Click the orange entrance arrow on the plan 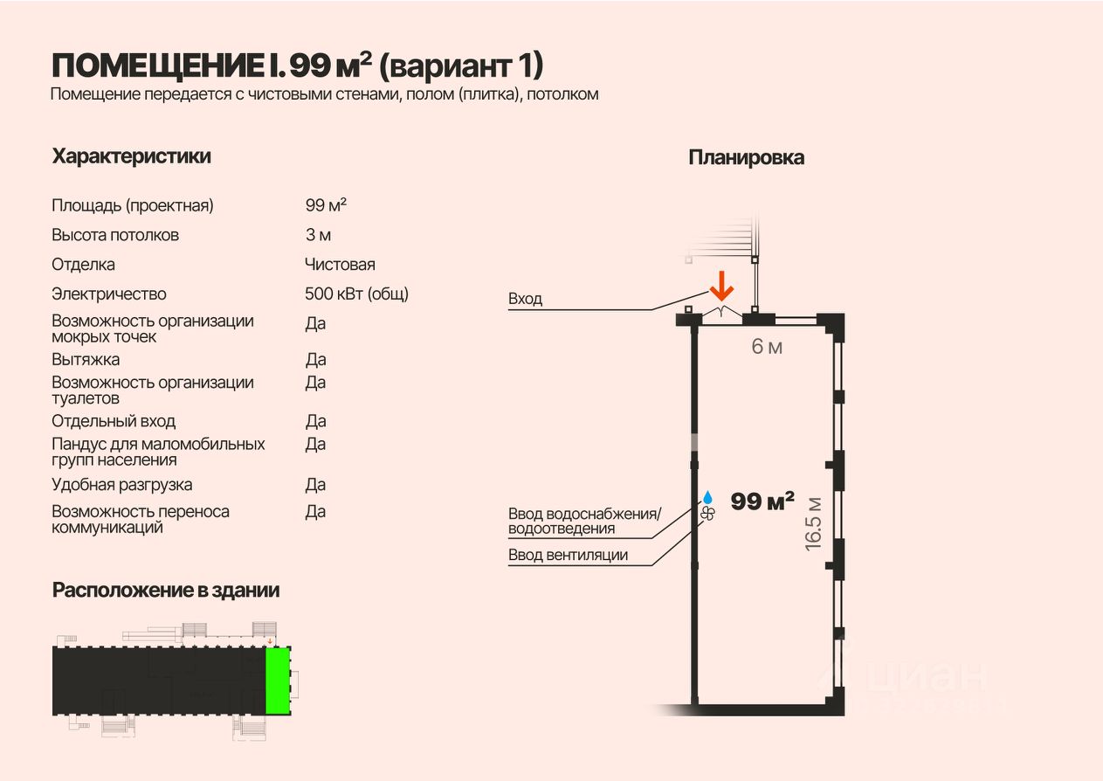click(x=721, y=287)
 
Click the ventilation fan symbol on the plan click(x=707, y=514)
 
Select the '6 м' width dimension click(x=767, y=347)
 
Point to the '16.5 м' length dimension click(x=814, y=522)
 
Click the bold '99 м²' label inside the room click(x=762, y=501)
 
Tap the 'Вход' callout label click(x=526, y=299)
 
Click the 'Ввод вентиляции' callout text click(x=569, y=555)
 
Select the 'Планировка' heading click(x=746, y=157)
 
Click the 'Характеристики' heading click(x=131, y=156)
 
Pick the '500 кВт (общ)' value click(x=356, y=294)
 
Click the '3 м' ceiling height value click(x=318, y=235)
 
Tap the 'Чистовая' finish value click(x=340, y=264)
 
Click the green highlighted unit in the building click(x=278, y=681)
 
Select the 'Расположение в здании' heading click(x=166, y=590)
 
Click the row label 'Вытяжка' click(x=86, y=359)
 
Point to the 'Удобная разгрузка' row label click(x=122, y=484)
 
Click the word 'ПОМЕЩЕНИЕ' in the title click(x=155, y=66)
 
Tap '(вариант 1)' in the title click(x=462, y=66)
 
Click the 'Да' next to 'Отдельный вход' click(x=315, y=421)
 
